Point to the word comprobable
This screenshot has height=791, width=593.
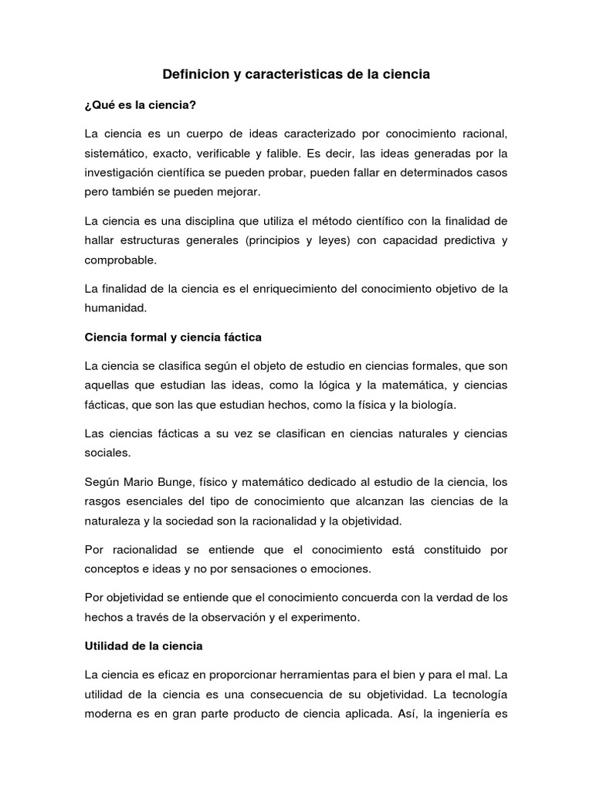[120, 260]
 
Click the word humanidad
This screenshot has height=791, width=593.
[115, 308]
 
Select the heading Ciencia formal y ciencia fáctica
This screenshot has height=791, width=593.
[174, 338]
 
